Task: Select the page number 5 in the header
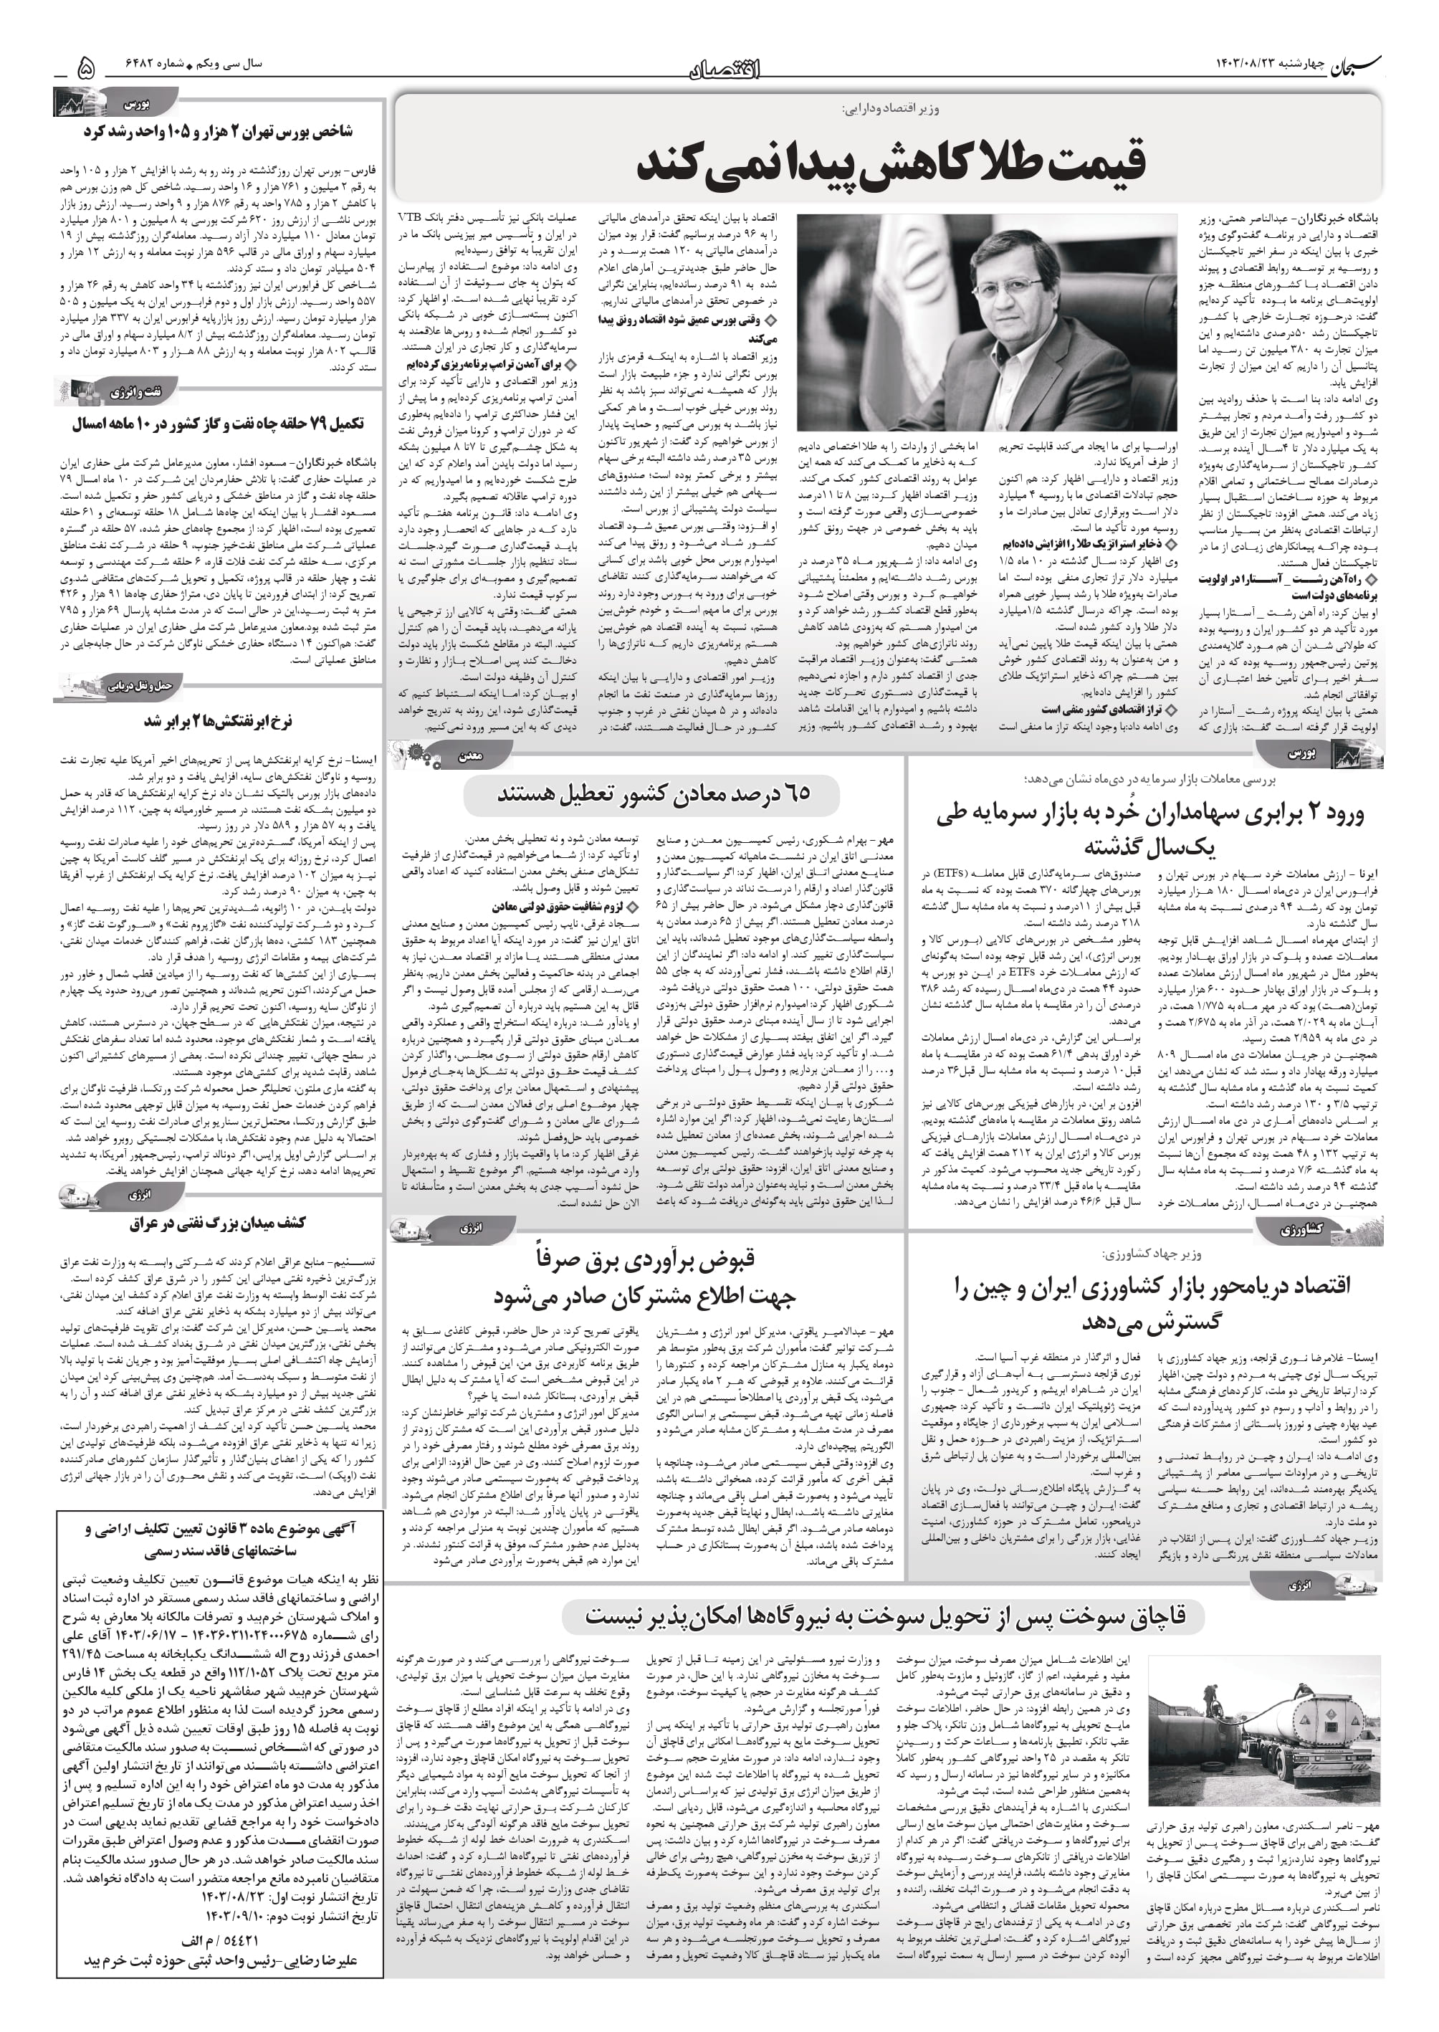pos(86,67)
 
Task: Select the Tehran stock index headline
pos(218,131)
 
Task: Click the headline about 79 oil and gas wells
pos(218,424)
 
